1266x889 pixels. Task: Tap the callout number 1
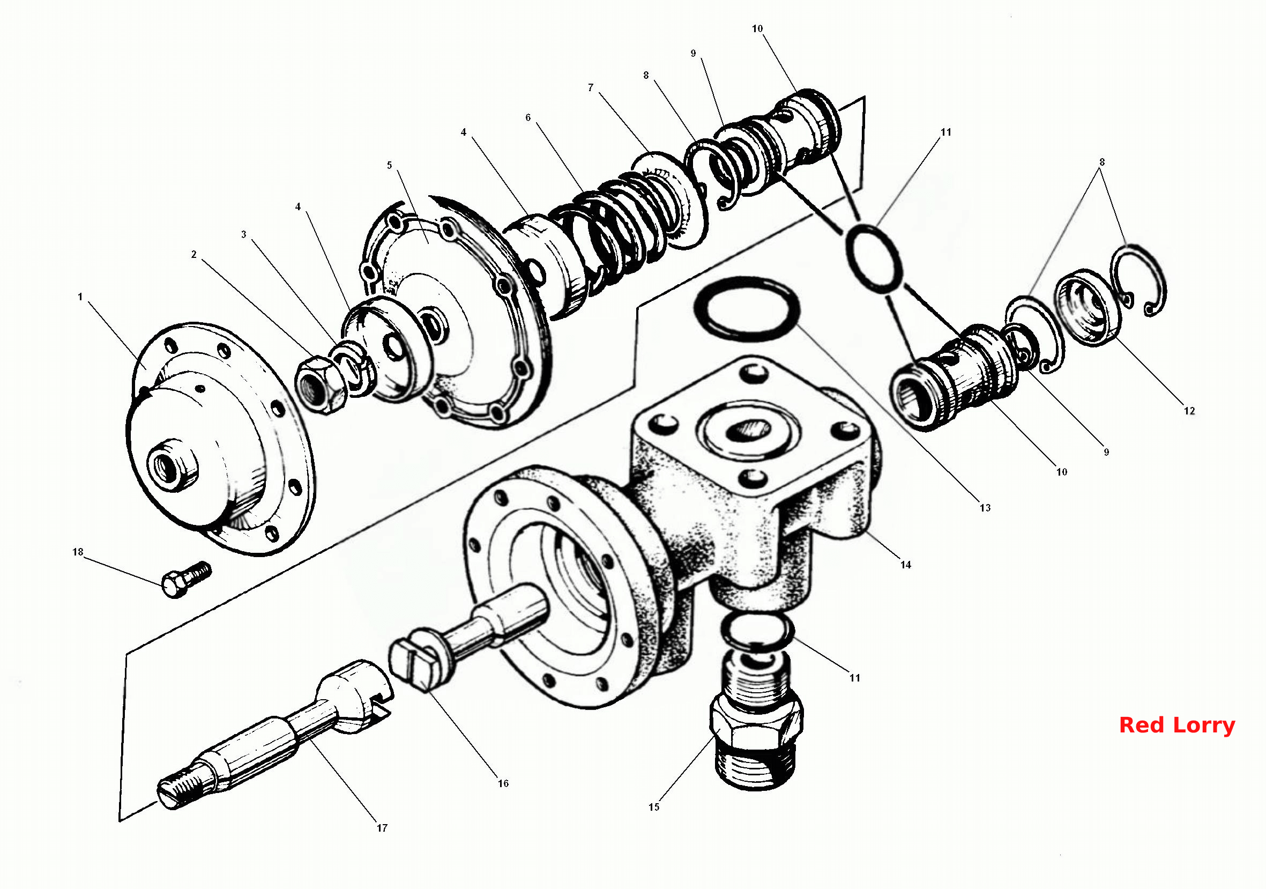tap(80, 297)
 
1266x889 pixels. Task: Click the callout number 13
tap(985, 507)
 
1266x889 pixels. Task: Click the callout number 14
tap(906, 564)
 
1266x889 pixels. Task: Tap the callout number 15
tap(653, 807)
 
